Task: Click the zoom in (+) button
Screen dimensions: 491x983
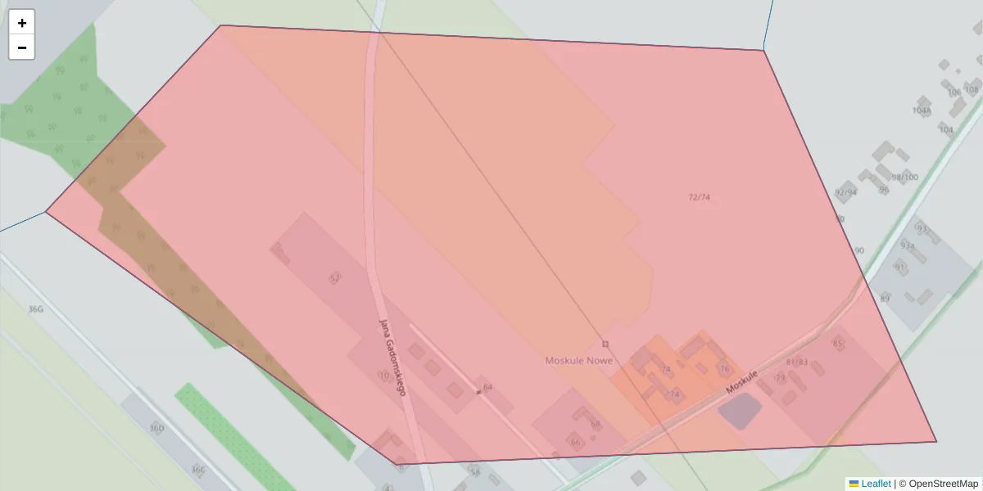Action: pos(22,23)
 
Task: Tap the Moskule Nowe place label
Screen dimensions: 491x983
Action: pos(578,361)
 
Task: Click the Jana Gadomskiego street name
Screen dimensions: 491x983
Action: pos(392,356)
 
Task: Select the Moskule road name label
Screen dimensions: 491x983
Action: pos(741,383)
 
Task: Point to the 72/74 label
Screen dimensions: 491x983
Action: pos(700,197)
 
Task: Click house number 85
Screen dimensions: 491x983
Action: pos(837,344)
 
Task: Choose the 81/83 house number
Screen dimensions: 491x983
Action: pos(796,362)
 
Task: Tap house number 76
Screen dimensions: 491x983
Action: pos(724,369)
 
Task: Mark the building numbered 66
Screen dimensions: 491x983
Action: pos(576,443)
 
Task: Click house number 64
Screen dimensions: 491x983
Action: pos(488,387)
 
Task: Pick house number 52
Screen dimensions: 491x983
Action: pos(334,278)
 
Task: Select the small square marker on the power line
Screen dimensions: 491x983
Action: pos(605,344)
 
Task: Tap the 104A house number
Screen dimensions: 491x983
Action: pos(922,110)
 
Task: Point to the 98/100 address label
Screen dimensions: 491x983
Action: pos(904,178)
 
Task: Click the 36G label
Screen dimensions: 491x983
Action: pos(35,309)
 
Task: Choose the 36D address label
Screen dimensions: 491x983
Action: pos(156,428)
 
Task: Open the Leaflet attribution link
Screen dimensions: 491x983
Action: pos(876,484)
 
